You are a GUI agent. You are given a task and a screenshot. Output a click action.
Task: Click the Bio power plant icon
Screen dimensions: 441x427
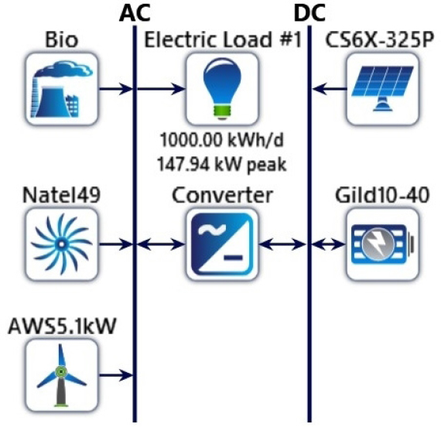62,89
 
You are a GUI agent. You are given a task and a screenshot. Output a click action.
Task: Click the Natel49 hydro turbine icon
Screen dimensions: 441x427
62,244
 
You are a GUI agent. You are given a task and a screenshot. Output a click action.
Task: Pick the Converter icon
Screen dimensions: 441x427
222,244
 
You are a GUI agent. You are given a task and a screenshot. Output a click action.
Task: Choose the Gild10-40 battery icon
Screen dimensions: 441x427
382,244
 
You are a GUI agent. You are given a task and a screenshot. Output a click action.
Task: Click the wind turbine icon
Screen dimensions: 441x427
62,375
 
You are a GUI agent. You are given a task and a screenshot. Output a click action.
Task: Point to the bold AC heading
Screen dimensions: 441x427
135,13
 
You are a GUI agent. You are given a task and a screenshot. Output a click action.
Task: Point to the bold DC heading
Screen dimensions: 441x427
309,13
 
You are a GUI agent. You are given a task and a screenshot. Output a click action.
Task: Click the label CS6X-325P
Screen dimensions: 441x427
379,40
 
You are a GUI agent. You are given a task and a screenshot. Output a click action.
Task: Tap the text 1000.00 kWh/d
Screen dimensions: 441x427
221,140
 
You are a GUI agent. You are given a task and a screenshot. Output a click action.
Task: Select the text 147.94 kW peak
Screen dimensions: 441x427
221,164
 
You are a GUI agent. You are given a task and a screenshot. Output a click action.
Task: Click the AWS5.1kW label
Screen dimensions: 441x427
62,326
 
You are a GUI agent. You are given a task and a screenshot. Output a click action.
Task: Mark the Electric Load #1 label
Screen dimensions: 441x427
223,40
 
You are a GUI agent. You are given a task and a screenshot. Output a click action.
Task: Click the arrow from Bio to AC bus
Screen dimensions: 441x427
116,89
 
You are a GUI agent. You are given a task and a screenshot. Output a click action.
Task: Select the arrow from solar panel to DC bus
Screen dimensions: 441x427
330,89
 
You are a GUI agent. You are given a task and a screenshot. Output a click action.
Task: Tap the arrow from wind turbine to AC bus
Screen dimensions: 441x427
116,375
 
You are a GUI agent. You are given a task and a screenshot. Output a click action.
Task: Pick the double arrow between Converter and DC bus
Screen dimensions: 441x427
282,244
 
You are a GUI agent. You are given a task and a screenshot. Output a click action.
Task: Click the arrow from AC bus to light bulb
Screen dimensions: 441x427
161,89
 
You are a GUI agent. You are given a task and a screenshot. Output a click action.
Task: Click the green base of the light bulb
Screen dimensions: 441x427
222,111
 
